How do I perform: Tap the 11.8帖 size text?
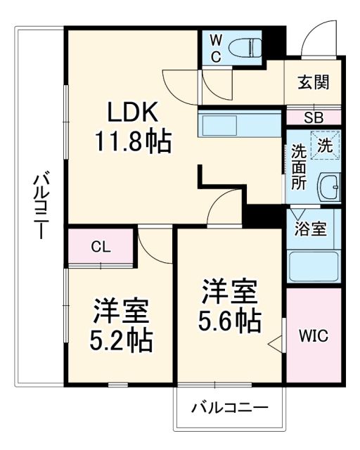(134, 143)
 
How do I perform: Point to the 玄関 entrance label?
(314, 82)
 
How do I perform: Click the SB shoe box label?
(314, 117)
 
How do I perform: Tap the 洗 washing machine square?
(325, 146)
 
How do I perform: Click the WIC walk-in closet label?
(314, 336)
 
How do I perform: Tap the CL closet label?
(101, 247)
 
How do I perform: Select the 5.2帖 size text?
(120, 341)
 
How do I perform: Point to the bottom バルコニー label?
(229, 407)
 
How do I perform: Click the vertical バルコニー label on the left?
(40, 204)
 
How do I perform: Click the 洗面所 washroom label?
(299, 166)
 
